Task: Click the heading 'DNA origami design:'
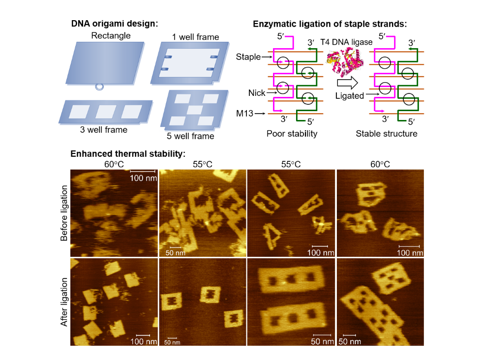point(115,24)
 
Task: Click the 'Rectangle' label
point(111,35)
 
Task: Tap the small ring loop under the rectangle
point(99,87)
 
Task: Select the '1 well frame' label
point(195,37)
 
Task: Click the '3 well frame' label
point(104,130)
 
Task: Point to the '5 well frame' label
point(190,136)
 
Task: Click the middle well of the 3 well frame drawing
point(106,112)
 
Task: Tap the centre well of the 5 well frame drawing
point(195,110)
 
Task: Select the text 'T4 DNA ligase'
point(346,42)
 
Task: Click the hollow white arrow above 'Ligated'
point(347,83)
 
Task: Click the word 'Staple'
point(248,57)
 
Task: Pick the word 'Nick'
point(257,93)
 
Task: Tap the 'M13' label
point(244,114)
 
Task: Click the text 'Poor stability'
point(292,134)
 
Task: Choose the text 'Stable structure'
point(387,134)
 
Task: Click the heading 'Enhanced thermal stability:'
point(128,153)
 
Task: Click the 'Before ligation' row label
point(64,213)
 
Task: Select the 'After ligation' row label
point(64,302)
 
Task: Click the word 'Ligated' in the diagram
point(349,96)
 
